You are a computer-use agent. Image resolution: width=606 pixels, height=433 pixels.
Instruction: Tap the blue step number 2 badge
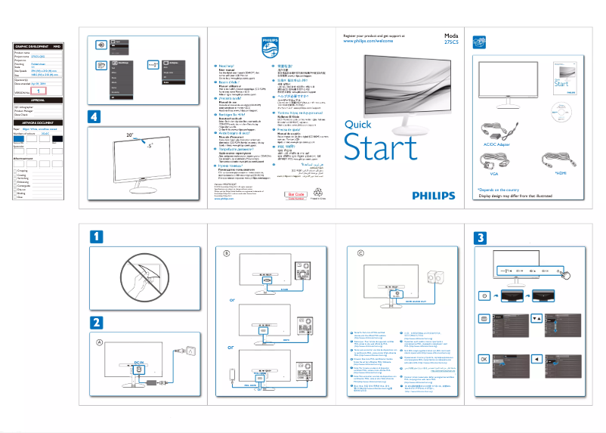[x=97, y=322]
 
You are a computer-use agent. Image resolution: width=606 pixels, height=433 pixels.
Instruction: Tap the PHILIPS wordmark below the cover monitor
[x=434, y=194]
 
